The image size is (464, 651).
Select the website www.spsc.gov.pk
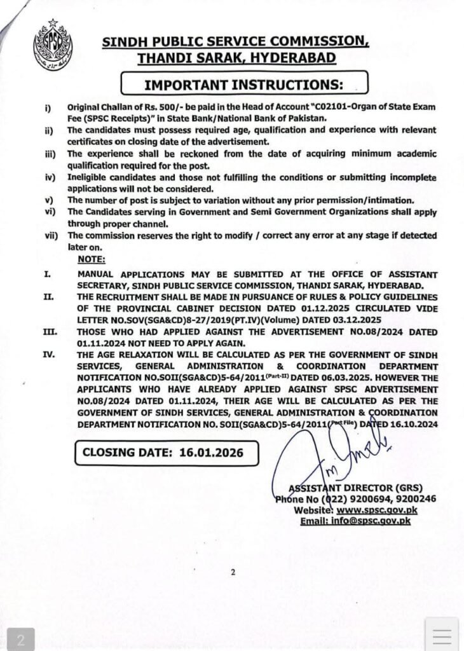coord(376,510)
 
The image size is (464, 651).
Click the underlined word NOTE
coord(91,259)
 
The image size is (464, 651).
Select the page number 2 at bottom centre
coord(233,572)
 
